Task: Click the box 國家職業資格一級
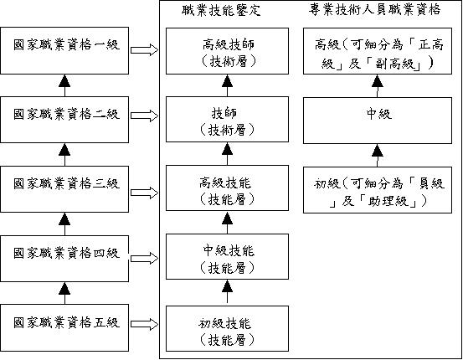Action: coord(64,50)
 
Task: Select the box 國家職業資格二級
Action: coord(64,120)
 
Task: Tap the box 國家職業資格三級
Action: coord(64,189)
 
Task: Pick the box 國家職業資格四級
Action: coord(64,259)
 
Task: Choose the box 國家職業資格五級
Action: coord(64,328)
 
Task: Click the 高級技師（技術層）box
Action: coord(227,51)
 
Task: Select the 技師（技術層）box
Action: coord(227,120)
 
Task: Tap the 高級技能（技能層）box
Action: coord(227,188)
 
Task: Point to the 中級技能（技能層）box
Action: coord(227,257)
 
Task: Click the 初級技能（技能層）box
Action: coord(227,329)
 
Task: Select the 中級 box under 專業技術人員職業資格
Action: coord(378,121)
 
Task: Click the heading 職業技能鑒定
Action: coord(221,10)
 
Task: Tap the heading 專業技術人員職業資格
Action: coord(375,9)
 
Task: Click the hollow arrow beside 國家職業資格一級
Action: coord(144,49)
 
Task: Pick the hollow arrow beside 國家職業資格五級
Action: coord(144,324)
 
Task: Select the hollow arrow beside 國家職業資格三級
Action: coord(144,193)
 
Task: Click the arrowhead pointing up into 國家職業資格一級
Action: coord(64,80)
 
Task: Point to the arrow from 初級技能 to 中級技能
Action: coord(227,293)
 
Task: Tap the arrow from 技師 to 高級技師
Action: coord(227,85)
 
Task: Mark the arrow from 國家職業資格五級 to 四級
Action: coord(64,293)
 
